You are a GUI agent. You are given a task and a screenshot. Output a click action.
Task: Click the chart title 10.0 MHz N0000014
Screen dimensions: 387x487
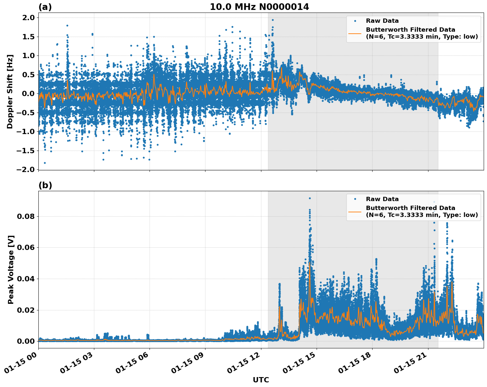259,7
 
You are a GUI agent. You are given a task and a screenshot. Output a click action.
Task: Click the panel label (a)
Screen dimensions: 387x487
45,7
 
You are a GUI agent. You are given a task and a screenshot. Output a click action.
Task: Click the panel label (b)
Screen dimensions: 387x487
45,185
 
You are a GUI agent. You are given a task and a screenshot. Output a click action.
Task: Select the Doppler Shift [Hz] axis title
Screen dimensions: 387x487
10,91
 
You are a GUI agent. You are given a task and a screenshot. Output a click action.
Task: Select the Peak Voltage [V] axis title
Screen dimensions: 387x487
11,269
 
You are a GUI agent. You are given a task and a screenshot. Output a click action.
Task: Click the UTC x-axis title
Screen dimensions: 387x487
261,380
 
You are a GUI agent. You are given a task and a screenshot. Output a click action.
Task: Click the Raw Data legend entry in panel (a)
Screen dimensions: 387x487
382,21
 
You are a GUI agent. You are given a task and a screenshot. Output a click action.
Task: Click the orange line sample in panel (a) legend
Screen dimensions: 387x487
355,33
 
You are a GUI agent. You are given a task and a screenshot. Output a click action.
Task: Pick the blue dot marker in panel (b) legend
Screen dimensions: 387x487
355,199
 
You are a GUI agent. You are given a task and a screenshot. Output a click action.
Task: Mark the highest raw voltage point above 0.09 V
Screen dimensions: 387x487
310,198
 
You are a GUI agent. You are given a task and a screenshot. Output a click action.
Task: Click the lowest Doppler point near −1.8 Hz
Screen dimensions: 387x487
45,163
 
